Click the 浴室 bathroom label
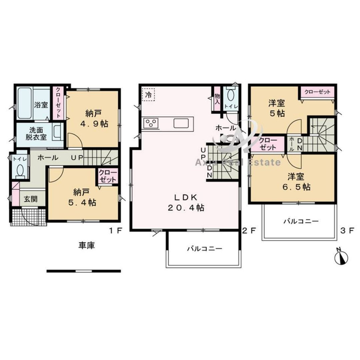tap(41, 105)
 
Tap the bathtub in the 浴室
tap(24, 103)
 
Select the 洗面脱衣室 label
tap(36, 134)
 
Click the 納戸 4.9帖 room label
tap(94, 118)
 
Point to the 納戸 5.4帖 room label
tap(82, 197)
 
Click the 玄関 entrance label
tap(31, 199)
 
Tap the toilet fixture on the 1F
tap(20, 171)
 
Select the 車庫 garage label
tap(86, 245)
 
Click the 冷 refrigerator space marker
tap(149, 94)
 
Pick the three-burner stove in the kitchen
tap(151, 123)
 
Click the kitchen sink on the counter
tap(181, 123)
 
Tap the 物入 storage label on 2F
tap(217, 99)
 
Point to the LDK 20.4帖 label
tap(186, 202)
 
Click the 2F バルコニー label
tap(205, 248)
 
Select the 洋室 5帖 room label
tap(277, 108)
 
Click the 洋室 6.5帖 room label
tap(296, 182)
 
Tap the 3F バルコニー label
tap(301, 221)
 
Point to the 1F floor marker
tap(115, 230)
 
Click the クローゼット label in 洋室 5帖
tap(317, 92)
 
